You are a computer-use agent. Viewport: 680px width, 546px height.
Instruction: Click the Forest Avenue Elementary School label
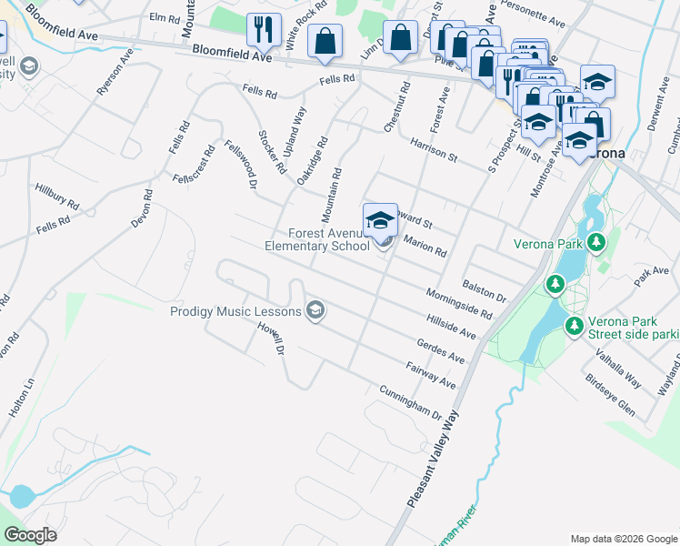click(316, 239)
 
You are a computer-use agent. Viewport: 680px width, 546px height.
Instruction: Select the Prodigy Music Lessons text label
click(235, 311)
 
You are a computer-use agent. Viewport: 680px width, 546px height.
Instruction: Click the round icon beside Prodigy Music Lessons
click(315, 311)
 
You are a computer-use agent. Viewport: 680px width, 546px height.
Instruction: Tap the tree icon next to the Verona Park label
click(596, 243)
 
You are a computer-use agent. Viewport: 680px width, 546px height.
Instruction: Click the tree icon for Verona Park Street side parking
click(574, 325)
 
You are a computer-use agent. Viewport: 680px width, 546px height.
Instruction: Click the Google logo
click(31, 535)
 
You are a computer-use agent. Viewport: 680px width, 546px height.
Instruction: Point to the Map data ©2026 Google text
click(624, 539)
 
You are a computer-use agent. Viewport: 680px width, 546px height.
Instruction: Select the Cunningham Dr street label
click(411, 401)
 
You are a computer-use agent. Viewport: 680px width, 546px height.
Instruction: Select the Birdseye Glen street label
click(610, 393)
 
